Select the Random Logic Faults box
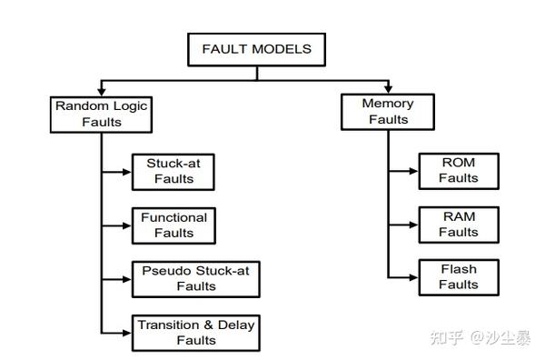tap(101, 113)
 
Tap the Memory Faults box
tap(388, 112)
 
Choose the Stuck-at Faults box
tap(173, 171)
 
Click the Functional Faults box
tap(173, 225)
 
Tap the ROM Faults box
tap(458, 170)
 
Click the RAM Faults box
tap(458, 224)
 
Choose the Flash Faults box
tap(458, 276)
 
